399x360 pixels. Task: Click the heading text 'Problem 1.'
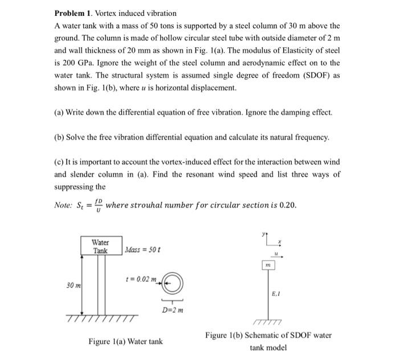(x=75, y=13)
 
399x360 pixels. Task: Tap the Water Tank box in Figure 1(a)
(x=100, y=247)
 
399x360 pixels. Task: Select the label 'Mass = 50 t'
(x=143, y=250)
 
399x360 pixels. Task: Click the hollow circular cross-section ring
(x=174, y=282)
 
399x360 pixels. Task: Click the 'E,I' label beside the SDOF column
(x=277, y=294)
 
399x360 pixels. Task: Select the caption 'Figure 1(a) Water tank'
(x=125, y=342)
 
